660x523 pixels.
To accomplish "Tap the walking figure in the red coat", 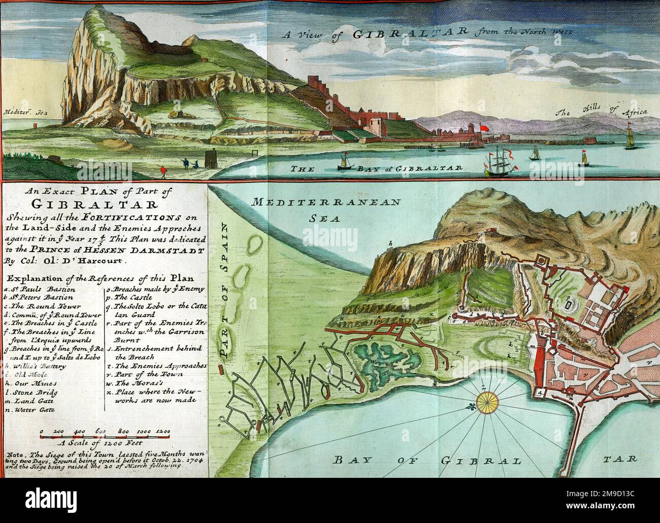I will click(163, 170).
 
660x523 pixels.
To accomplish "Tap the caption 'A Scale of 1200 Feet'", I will click(102, 441).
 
